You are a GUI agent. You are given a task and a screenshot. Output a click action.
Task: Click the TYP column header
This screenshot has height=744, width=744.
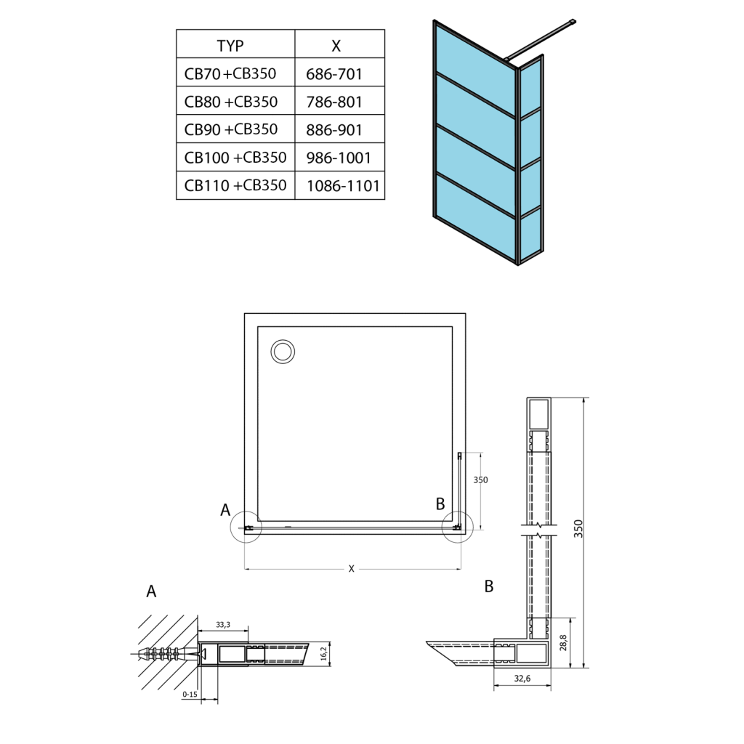click(x=230, y=45)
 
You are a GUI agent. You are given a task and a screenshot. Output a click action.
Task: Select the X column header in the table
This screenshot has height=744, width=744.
click(x=336, y=45)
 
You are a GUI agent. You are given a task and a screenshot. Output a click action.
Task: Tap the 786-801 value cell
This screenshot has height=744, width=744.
click(x=335, y=102)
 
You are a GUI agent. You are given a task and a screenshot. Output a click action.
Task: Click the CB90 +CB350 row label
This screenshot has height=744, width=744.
click(x=231, y=129)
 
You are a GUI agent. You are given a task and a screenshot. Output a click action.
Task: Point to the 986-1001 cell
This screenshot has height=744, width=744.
click(x=339, y=158)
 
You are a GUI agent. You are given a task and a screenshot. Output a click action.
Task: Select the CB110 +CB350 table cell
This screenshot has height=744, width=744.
click(x=235, y=185)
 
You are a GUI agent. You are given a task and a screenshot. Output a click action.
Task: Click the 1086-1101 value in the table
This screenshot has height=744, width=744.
click(x=344, y=186)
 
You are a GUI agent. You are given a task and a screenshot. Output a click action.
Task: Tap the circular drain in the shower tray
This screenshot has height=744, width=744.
click(x=283, y=352)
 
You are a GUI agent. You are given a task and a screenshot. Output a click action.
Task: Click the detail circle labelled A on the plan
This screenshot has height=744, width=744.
click(x=246, y=527)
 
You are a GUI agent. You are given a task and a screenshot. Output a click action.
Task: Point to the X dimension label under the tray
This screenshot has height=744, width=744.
click(x=351, y=569)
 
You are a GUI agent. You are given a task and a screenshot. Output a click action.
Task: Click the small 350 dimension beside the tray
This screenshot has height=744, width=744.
click(x=480, y=480)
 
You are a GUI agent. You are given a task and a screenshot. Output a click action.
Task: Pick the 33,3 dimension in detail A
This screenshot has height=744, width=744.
click(x=224, y=624)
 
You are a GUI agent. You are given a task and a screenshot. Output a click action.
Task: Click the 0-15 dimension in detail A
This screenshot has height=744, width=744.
click(x=190, y=695)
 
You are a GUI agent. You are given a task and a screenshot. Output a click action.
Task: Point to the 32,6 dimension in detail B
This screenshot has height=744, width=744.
click(x=522, y=679)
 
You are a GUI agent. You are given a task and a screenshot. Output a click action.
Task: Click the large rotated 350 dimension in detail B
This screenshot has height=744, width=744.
click(x=579, y=528)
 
